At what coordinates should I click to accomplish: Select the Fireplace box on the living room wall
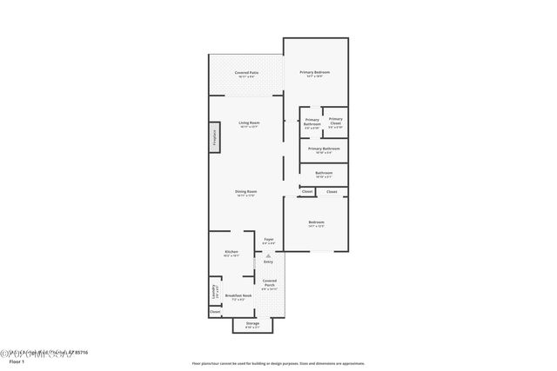213,138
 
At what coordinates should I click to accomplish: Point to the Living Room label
249,124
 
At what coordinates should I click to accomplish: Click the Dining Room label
245,193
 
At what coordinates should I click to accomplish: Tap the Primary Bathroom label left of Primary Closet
312,123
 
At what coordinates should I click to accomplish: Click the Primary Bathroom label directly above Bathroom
324,150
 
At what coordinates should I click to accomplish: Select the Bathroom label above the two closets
324,175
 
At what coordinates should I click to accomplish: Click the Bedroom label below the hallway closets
316,225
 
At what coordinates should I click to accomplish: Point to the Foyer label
269,241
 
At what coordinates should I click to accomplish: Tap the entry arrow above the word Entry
269,255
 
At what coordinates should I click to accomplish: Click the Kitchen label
232,254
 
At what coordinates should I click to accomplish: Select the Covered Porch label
269,283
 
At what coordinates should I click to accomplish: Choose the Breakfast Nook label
238,297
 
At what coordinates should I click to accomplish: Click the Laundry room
214,291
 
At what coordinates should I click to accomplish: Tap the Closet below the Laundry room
214,311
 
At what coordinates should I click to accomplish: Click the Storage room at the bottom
252,325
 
